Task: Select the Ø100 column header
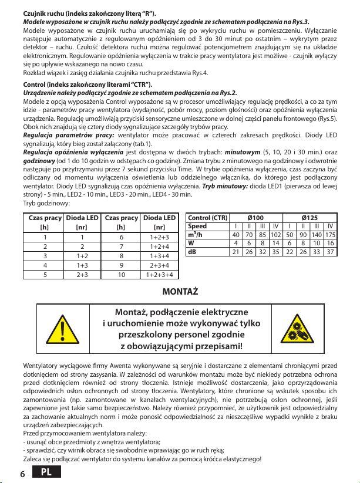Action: click(x=256, y=217)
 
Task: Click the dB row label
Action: click(x=191, y=252)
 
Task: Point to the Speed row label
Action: click(x=197, y=226)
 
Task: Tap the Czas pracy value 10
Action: click(x=121, y=273)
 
